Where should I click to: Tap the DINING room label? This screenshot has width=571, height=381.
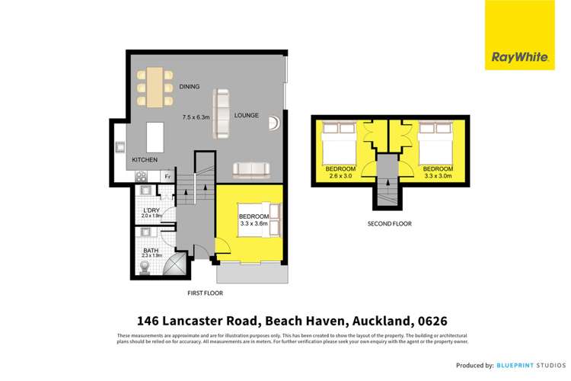tap(190, 87)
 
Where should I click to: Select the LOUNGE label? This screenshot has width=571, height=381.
tap(247, 116)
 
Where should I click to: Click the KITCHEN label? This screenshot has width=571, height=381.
tap(145, 160)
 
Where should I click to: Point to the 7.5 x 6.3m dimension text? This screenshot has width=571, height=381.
tap(196, 117)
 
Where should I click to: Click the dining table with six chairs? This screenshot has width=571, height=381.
tap(155, 87)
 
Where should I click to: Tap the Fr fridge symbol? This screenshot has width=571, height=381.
tap(167, 176)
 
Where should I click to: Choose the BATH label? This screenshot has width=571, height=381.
tap(151, 248)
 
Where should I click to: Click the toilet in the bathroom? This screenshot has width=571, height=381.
tap(145, 267)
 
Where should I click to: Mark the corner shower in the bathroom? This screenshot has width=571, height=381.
tap(174, 266)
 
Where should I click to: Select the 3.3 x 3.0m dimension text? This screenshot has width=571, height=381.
tap(438, 174)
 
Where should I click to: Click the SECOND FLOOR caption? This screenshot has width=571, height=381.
tap(389, 224)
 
